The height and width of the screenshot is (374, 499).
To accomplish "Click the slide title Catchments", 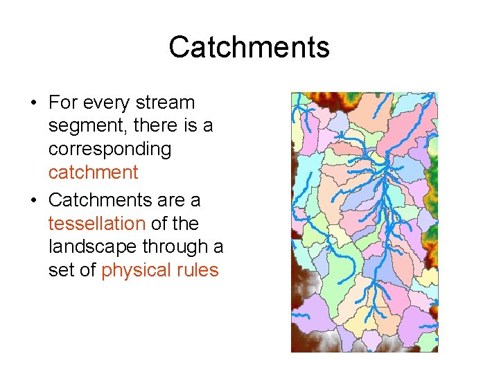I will (249, 48).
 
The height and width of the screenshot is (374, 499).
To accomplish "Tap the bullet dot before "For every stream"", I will (33, 104).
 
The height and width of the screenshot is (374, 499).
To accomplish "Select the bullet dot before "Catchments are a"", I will (33, 201).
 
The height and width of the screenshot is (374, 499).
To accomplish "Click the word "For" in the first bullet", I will (62, 103).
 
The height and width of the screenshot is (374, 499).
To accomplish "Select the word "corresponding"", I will (110, 150).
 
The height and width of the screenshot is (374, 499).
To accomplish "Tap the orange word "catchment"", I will (93, 172).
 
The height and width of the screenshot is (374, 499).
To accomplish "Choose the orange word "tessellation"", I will (96, 224).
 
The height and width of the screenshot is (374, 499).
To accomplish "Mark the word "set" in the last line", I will (60, 270).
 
